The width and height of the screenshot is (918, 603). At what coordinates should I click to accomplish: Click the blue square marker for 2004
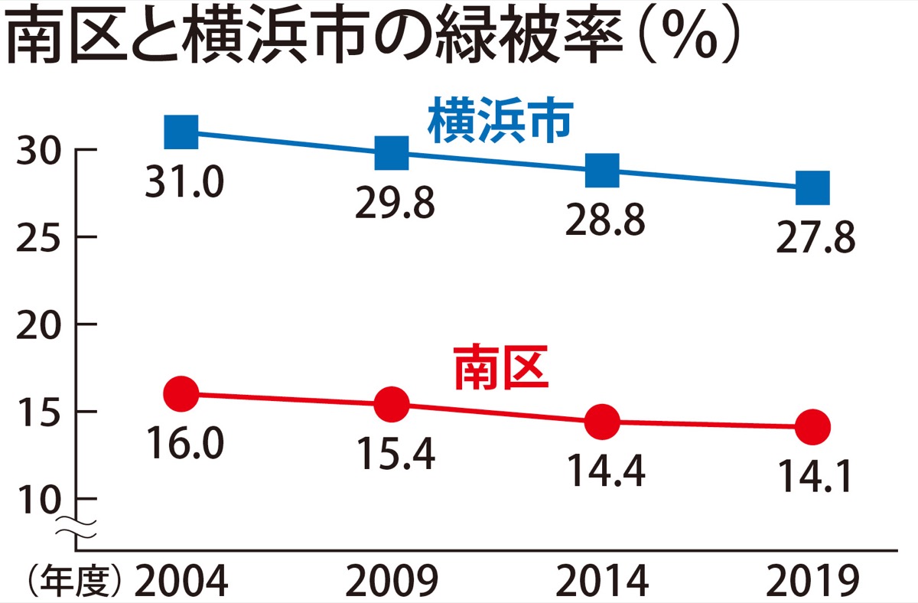[x=181, y=132]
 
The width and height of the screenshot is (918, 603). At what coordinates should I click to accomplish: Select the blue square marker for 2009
[x=392, y=152]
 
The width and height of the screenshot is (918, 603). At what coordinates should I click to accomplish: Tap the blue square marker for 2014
[x=602, y=170]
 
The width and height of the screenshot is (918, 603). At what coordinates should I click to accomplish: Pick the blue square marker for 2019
[x=812, y=187]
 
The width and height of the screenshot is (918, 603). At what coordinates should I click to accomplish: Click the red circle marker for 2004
[x=181, y=394]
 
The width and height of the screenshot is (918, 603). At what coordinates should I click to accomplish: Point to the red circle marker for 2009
[x=392, y=403]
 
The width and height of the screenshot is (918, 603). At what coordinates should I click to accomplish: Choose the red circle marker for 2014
[x=602, y=421]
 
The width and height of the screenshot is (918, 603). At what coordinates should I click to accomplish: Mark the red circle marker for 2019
[x=812, y=426]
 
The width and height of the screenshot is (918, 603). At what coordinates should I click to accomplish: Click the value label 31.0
[x=184, y=182]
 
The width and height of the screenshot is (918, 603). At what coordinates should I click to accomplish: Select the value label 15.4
[x=395, y=455]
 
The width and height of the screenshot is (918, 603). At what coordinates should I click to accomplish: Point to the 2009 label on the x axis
[x=392, y=583]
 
